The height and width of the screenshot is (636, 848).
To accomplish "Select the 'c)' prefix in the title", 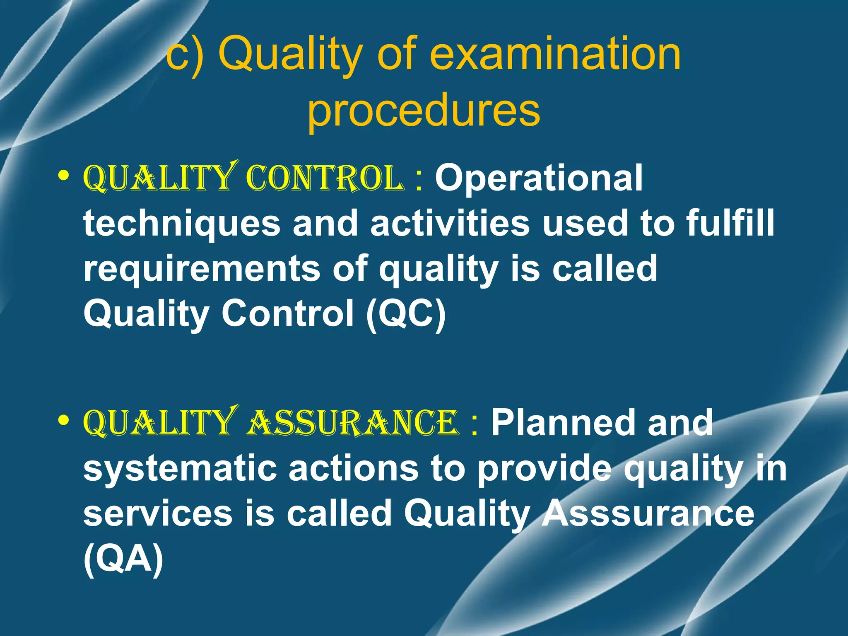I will pyautogui.click(x=185, y=54).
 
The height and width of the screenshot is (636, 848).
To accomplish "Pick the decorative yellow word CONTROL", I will pyautogui.click(x=325, y=179).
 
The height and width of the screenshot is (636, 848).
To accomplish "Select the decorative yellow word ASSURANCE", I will pyautogui.click(x=353, y=423).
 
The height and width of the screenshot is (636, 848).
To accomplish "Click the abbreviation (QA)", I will pyautogui.click(x=123, y=559).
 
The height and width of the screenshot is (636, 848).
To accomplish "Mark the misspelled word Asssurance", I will pyautogui.click(x=648, y=513).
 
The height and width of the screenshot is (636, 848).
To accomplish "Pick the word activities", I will pyautogui.click(x=450, y=224).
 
